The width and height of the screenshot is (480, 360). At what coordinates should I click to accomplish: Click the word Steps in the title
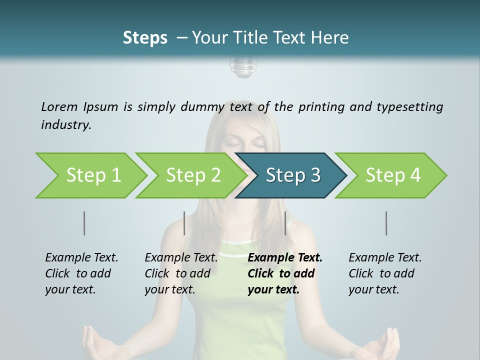pos(145,37)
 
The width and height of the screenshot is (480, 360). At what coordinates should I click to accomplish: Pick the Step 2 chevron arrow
pos(193,175)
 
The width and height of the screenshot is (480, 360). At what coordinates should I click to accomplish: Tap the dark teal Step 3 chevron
pos(292,175)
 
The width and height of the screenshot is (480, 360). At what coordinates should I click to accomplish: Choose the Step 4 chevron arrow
pos(392,175)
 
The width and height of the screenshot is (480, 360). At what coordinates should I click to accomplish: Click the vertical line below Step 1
pos(84,223)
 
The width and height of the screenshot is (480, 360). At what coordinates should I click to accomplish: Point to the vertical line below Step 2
pos(184,223)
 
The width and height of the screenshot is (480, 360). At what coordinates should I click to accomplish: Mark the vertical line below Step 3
pos(285,223)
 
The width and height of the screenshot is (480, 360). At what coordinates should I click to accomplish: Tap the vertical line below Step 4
pos(386,223)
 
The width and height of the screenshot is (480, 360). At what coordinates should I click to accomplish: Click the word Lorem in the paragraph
pos(59,106)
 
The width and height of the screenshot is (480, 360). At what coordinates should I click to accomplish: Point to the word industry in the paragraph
pos(66,125)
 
